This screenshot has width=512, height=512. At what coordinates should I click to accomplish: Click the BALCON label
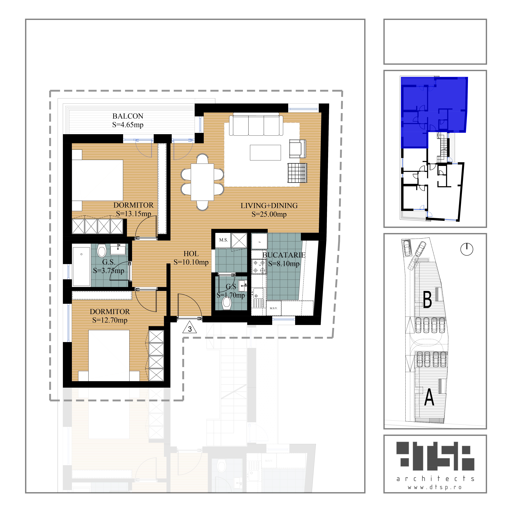pos(128,116)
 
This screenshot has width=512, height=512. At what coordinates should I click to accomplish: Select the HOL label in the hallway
pos(191,254)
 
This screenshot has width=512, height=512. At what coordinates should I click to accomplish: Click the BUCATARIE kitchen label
pos(284,255)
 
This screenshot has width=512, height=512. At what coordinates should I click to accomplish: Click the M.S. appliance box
pos(223,240)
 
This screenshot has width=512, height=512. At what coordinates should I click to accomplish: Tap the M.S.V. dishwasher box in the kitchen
pos(273,308)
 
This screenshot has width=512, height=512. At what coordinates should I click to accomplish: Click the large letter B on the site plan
pos(427,300)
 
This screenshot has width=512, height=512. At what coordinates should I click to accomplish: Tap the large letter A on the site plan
pos(429,397)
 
